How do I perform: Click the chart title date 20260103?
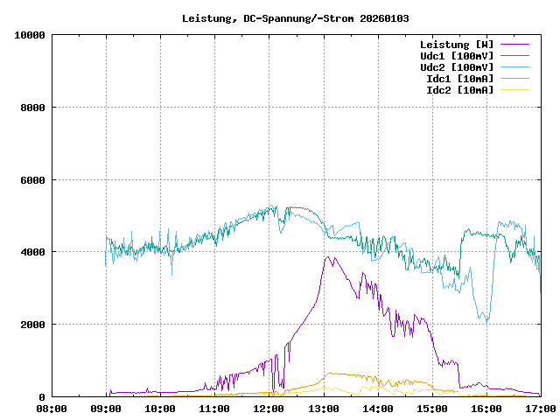click(383, 18)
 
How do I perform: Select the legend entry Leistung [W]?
click(456, 44)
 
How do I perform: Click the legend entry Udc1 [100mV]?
click(456, 55)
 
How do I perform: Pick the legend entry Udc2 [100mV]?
click(456, 66)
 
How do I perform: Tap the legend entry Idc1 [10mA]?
click(459, 78)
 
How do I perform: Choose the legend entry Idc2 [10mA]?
click(459, 89)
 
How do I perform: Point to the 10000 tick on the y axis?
click(30, 35)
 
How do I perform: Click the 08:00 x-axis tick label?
click(52, 408)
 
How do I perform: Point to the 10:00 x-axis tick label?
click(160, 408)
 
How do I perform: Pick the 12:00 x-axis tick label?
click(269, 408)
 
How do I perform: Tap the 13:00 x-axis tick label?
click(323, 408)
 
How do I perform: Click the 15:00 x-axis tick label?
click(431, 408)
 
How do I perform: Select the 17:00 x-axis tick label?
click(540, 408)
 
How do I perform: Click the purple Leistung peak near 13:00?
click(327, 257)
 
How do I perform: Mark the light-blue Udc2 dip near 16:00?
click(487, 321)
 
